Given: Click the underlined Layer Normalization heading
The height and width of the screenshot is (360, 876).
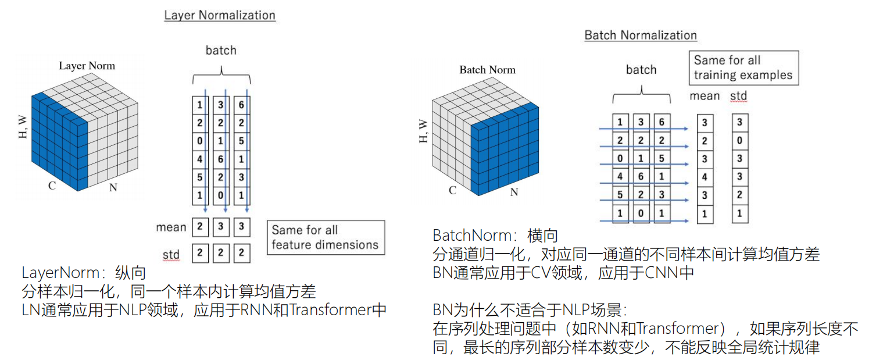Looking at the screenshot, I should [220, 15].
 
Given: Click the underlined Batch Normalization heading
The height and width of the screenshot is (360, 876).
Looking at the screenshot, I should [641, 35].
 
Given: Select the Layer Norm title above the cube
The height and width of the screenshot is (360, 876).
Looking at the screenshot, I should [87, 66].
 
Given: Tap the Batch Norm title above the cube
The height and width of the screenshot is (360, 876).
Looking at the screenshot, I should [487, 70].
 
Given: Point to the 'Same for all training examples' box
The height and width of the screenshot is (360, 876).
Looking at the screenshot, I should [743, 68].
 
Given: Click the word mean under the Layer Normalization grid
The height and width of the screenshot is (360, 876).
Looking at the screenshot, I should [171, 227].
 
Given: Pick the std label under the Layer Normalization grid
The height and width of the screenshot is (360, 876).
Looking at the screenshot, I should [171, 254].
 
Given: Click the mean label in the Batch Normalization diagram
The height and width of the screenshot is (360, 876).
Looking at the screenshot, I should [705, 96].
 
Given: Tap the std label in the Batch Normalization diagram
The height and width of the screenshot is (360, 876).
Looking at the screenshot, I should [738, 96].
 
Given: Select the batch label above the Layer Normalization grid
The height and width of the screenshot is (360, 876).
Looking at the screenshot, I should [221, 51].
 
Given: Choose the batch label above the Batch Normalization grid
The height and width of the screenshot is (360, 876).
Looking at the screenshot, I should [641, 70].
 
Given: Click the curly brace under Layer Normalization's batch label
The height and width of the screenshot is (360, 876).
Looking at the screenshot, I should [221, 73].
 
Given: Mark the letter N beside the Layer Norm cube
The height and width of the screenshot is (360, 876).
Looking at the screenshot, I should [114, 188].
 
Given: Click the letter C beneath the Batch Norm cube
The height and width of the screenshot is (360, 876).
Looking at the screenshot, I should [452, 190].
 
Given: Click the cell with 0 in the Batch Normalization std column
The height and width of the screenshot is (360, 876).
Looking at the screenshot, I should [740, 141].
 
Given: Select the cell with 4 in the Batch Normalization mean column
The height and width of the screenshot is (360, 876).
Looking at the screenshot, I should [705, 177].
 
